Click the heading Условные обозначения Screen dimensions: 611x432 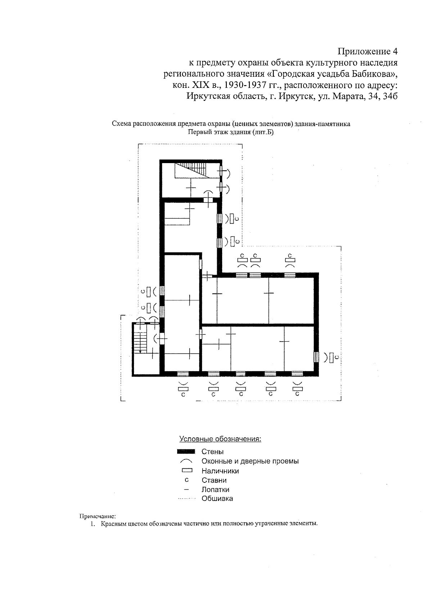coord(220,439)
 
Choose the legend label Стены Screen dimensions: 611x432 coord(212,451)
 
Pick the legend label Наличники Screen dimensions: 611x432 coord(220,471)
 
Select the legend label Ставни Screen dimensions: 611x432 coord(214,480)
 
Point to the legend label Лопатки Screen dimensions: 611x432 coord(215,490)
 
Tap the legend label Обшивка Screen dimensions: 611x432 coord(217,499)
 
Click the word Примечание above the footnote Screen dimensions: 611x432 coord(97,516)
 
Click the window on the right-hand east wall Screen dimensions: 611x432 coord(316,357)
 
